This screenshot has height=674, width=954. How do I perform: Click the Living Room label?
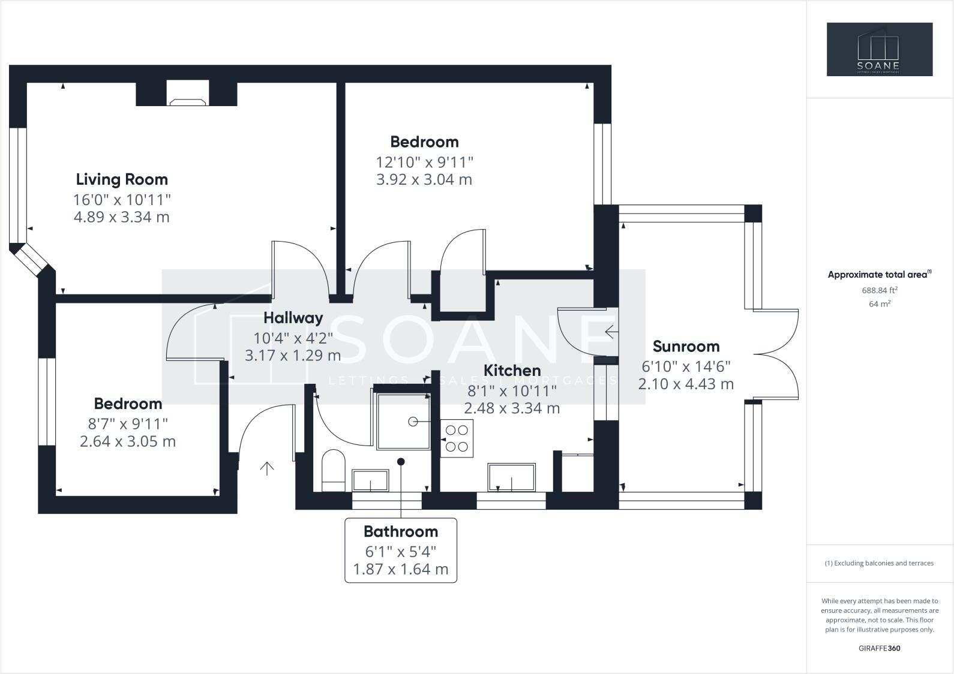tap(122, 179)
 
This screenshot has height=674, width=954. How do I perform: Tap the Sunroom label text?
tap(686, 347)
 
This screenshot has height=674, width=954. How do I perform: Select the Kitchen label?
tap(512, 371)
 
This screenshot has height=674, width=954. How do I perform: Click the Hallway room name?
tap(293, 318)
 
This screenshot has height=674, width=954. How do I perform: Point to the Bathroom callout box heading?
tap(401, 531)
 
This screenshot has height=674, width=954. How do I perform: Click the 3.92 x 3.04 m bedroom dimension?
tap(424, 179)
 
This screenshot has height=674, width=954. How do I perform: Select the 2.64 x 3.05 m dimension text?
tap(128, 441)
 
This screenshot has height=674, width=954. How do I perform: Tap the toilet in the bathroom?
tap(333, 471)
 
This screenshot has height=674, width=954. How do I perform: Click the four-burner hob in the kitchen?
tap(457, 438)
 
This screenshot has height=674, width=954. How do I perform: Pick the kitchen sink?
tap(512, 478)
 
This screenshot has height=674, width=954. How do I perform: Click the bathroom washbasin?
tap(370, 480)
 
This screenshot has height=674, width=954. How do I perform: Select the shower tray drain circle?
tap(413, 422)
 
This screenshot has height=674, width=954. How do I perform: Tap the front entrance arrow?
tap(266, 468)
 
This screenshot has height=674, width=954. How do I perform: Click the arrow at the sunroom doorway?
tap(610, 331)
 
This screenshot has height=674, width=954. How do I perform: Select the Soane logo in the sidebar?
tap(880, 49)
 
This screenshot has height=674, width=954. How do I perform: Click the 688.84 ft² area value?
tap(880, 290)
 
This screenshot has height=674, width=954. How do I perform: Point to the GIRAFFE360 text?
tap(880, 648)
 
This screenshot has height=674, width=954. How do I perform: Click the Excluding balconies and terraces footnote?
tap(880, 563)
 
